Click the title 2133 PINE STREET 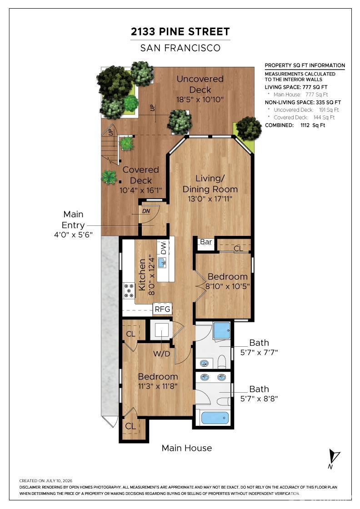point(180,32)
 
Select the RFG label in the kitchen point(162,309)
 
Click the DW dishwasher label point(163,248)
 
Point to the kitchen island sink point(162,262)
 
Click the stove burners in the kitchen point(129,290)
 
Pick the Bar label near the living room point(206,242)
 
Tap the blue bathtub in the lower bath point(215,418)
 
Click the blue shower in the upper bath point(222,330)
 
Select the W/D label point(162,354)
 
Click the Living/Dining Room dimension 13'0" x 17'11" point(210,199)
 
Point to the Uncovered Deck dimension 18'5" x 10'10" point(200,100)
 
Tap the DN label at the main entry point(146,211)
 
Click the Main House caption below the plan point(187,448)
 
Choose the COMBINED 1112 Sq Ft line point(295,125)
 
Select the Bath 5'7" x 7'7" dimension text point(259,352)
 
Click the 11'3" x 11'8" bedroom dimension point(158,386)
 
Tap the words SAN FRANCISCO point(180,48)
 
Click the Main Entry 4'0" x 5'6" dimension point(73,235)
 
